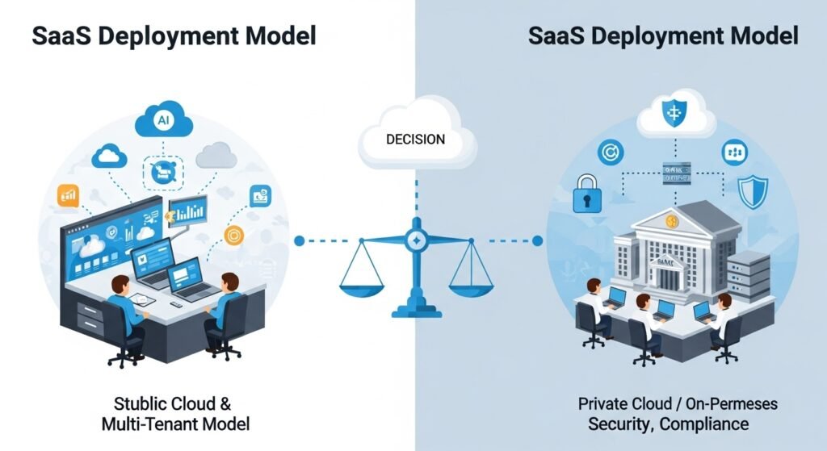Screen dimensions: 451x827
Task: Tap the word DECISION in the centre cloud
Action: coord(415,140)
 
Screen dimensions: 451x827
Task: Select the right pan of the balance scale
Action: coord(470,278)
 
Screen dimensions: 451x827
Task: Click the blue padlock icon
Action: coord(588,194)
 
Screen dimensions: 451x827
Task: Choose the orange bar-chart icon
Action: coord(67,196)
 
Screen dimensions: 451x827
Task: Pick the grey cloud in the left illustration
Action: coord(216,153)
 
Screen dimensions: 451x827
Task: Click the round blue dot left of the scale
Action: coord(300,240)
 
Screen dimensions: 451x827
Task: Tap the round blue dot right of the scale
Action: coord(539,240)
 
